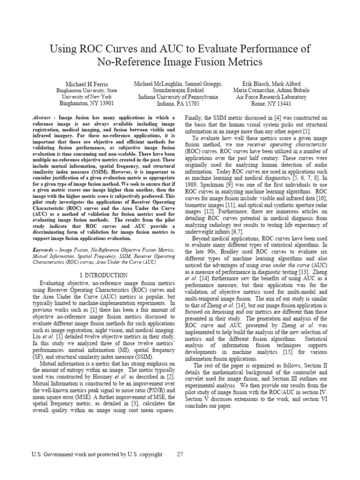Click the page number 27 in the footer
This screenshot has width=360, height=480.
[x=180, y=454]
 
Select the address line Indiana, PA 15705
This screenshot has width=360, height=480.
[x=178, y=104]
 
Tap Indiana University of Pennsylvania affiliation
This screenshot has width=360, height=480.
[x=178, y=97]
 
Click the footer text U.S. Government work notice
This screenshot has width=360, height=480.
[x=97, y=454]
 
